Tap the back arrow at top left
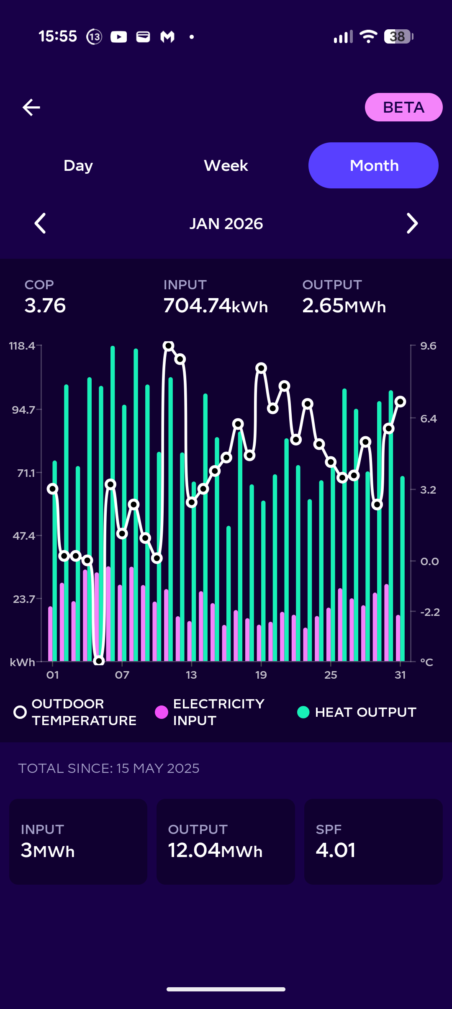(31, 107)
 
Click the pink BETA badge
(403, 107)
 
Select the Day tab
(78, 165)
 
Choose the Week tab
(226, 165)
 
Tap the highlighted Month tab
(373, 165)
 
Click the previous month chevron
(40, 223)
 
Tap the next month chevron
(412, 223)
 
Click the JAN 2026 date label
(226, 224)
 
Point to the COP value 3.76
(45, 305)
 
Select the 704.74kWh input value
(216, 306)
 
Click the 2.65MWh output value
(344, 306)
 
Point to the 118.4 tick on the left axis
(22, 346)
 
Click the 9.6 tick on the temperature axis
(428, 346)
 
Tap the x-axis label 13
(191, 675)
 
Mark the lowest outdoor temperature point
(99, 661)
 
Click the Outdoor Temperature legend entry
(75, 712)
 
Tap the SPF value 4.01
(336, 850)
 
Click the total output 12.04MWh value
(215, 850)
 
